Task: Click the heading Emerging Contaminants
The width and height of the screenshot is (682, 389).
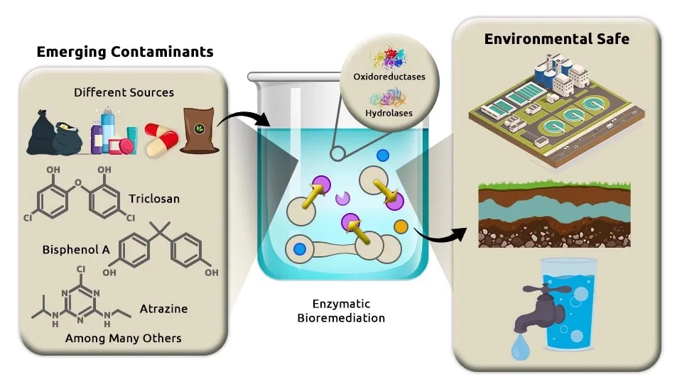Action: (x=125, y=52)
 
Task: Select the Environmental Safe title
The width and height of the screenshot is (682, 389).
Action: (x=557, y=39)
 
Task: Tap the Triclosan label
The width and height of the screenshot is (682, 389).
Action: (x=154, y=199)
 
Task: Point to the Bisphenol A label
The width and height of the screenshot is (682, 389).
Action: (x=76, y=249)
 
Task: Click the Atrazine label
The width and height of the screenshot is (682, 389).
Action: (x=163, y=309)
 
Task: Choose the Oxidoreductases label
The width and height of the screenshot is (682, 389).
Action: (x=389, y=77)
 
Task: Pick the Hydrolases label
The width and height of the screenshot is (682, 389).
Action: (x=389, y=113)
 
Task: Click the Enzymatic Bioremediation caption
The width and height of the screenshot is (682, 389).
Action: (x=341, y=311)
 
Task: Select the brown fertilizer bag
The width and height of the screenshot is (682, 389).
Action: (x=199, y=130)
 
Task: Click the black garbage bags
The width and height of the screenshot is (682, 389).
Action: (x=55, y=133)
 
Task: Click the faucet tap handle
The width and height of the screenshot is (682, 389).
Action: (x=547, y=289)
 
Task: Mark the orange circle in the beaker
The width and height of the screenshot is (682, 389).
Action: (x=401, y=226)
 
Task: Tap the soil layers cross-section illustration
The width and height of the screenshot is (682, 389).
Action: (x=554, y=215)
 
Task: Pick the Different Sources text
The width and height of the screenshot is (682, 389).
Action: (x=124, y=92)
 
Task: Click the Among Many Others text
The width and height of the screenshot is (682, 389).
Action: (x=123, y=338)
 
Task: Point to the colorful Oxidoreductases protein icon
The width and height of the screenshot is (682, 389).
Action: (x=389, y=57)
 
